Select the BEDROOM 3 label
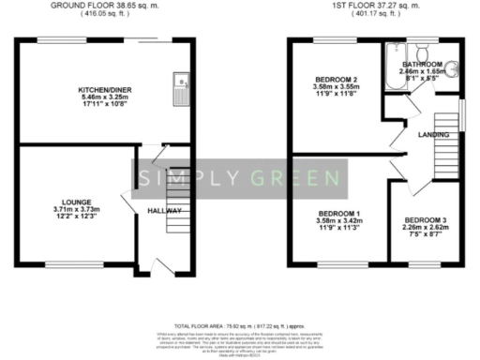431,220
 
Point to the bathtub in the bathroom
388,66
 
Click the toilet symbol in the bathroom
424,48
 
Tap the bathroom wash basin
453,69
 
